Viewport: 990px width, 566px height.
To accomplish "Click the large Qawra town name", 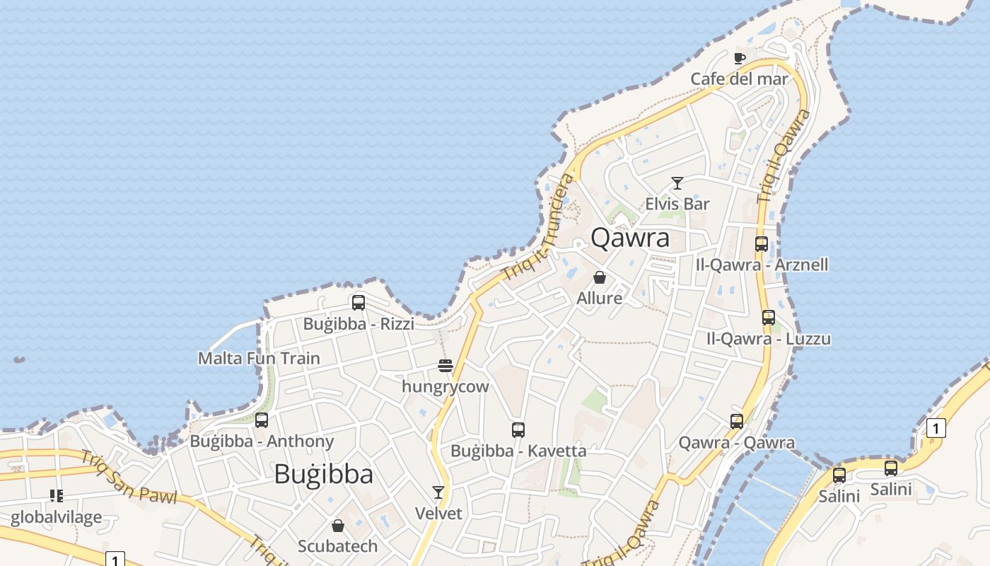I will click(629, 238).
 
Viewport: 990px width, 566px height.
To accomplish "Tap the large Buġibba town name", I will click(323, 473).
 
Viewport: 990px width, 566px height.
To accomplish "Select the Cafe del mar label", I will click(739, 79).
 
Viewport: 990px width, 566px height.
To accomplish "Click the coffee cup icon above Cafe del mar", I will click(739, 58).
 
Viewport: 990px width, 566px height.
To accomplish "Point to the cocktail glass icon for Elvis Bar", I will click(677, 183).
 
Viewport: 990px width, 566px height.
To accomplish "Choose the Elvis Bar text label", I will click(677, 204).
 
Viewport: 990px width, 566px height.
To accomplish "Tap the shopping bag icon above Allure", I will click(600, 277).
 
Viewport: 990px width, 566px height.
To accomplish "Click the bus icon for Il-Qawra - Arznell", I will click(762, 244).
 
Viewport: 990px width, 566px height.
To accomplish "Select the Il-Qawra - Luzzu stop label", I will click(769, 338).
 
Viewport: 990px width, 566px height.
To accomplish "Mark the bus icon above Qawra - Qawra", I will click(737, 422).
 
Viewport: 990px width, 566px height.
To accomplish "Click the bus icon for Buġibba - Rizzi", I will click(359, 303).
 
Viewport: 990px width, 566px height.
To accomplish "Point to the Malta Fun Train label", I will click(259, 358).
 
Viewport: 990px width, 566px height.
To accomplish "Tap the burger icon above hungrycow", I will click(445, 366).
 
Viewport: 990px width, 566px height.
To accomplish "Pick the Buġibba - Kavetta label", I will click(518, 450).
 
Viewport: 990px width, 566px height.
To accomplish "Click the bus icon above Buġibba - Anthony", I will click(262, 420).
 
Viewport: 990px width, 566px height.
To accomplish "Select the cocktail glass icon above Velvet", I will click(438, 492).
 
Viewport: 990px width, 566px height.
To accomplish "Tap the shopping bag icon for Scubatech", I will click(338, 526).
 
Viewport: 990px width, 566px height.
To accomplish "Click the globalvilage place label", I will click(56, 517).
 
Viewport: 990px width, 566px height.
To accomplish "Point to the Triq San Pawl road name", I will click(128, 477).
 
